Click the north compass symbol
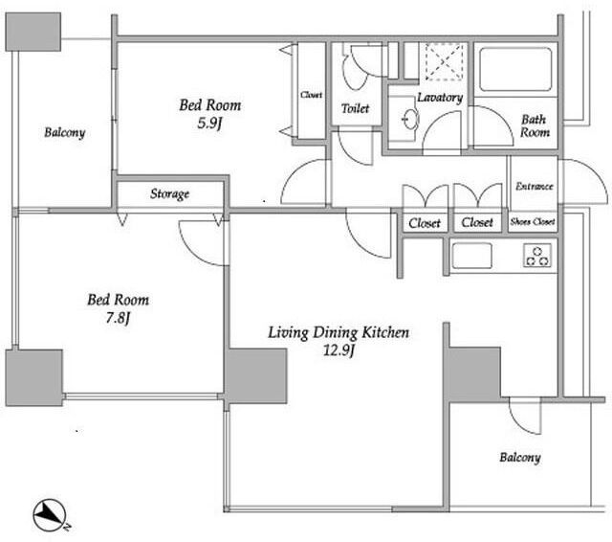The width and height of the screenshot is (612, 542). (x=50, y=515)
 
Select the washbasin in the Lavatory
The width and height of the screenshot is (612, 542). (x=410, y=119)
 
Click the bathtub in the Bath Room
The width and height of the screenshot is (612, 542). (x=515, y=70)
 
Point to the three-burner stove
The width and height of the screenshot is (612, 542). (x=537, y=256)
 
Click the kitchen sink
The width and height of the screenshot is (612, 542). (x=471, y=256)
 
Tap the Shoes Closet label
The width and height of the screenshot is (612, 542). (x=533, y=221)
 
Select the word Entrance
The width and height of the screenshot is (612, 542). (x=534, y=186)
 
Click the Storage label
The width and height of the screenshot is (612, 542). (x=170, y=193)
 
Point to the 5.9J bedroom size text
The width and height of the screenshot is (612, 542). (x=209, y=124)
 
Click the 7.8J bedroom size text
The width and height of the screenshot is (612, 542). (x=118, y=318)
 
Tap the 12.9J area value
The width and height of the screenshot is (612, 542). (x=339, y=350)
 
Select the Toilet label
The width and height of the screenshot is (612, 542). (x=355, y=108)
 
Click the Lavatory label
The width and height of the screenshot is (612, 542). (x=440, y=98)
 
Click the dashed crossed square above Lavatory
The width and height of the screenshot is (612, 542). (x=445, y=61)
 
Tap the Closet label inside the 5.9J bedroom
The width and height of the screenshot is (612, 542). (x=312, y=95)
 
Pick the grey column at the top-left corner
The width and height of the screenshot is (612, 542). (x=33, y=32)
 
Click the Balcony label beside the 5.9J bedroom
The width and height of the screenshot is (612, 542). (x=65, y=132)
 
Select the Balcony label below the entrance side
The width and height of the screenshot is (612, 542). (x=520, y=457)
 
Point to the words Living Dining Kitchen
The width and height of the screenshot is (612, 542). (x=339, y=332)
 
